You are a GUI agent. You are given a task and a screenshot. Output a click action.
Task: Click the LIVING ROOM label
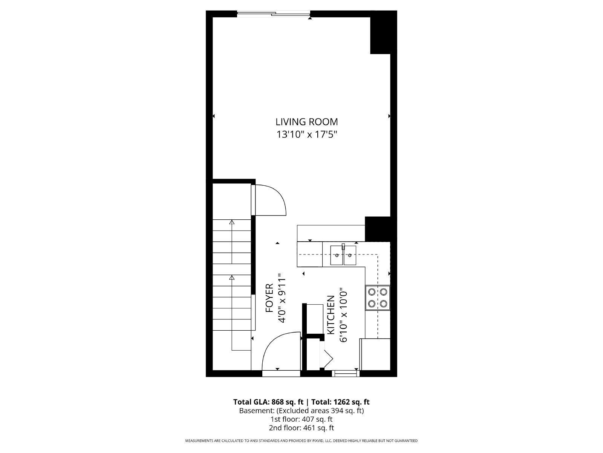(306, 122)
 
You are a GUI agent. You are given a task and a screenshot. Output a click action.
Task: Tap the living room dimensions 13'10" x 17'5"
(306, 134)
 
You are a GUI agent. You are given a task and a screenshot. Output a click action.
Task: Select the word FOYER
(269, 298)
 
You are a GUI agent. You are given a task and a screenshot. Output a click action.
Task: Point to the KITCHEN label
(331, 315)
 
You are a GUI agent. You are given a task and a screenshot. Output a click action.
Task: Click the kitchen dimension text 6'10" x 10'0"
(343, 315)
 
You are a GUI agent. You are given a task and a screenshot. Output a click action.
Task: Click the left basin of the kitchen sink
(337, 255)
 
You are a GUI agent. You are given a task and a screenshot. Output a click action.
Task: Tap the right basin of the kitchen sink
(350, 255)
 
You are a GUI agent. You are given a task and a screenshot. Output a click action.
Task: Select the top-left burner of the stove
(372, 291)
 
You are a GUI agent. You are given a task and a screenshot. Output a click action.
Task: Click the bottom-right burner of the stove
(384, 303)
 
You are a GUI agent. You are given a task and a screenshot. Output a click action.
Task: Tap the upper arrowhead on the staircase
(231, 223)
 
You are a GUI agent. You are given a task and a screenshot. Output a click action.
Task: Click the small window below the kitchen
(346, 374)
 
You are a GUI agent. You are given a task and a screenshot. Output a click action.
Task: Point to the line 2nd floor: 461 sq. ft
(301, 428)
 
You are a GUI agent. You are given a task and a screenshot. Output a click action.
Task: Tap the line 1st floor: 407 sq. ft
(301, 419)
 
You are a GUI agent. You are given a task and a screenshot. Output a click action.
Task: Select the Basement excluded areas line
(301, 411)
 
